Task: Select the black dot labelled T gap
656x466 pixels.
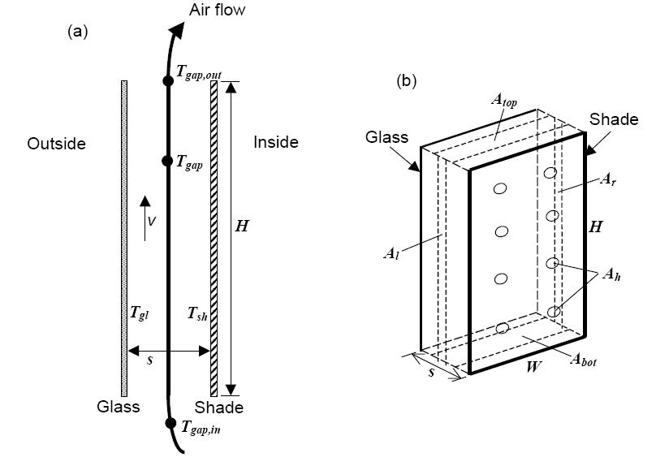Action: (x=168, y=162)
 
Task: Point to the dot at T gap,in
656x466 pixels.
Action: (x=170, y=423)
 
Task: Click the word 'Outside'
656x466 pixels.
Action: (x=56, y=144)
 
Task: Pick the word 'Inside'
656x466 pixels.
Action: (x=276, y=143)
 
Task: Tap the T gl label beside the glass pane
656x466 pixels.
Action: (x=135, y=311)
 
